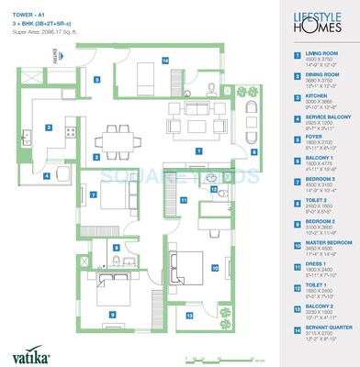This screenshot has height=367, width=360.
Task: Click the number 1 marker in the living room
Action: [x=198, y=150]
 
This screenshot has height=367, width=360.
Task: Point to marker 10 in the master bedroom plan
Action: [x=214, y=268]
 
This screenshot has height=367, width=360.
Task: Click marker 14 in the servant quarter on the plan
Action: [x=165, y=61]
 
